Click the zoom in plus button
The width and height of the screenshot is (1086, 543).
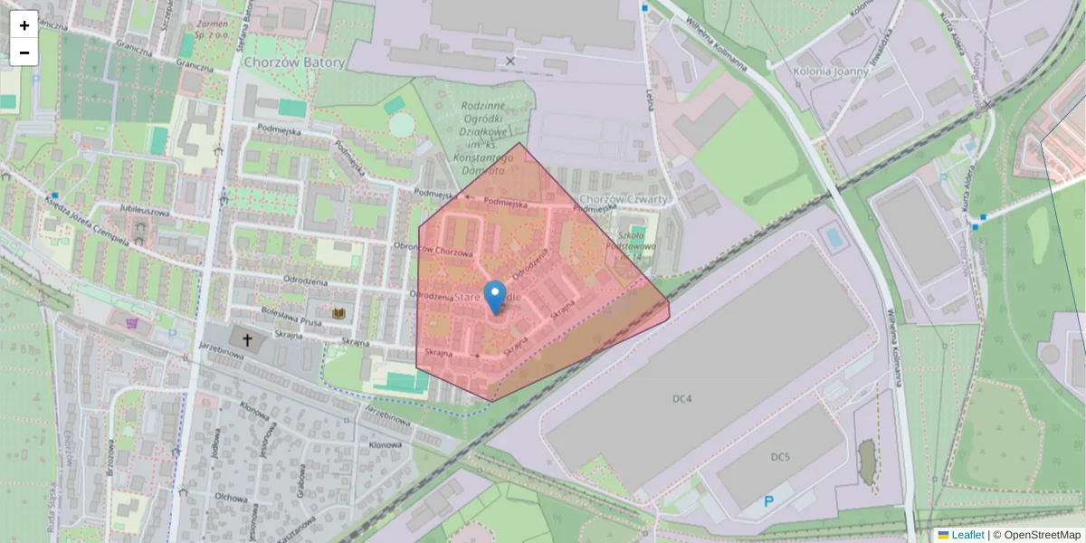[x=24, y=25]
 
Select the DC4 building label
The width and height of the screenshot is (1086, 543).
[x=682, y=398]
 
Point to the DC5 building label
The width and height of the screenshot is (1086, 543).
[x=780, y=457]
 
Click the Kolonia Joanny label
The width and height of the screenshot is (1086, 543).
[x=830, y=71]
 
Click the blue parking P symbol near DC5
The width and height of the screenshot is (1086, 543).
[x=769, y=501]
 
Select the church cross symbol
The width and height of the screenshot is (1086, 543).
[x=246, y=338]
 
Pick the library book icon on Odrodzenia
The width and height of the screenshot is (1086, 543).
[x=340, y=313]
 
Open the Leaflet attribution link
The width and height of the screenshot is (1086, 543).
[x=967, y=535]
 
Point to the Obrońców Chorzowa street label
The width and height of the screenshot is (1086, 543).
[x=434, y=249]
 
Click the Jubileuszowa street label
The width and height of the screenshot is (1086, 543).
[x=145, y=211]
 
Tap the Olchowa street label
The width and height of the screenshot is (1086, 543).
[x=232, y=497]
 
